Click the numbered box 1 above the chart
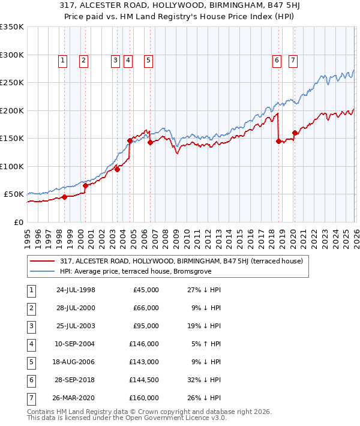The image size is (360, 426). tap(64, 60)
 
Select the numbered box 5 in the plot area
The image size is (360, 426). tap(148, 60)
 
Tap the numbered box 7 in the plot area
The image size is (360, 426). tap(293, 60)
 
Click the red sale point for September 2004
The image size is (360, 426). tap(130, 140)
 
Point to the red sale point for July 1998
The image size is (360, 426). tap(64, 197)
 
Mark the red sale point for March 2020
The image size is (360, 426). tap(295, 133)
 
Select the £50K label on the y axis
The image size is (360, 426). tap(13, 194)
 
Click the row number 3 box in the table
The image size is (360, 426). tap(31, 326)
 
